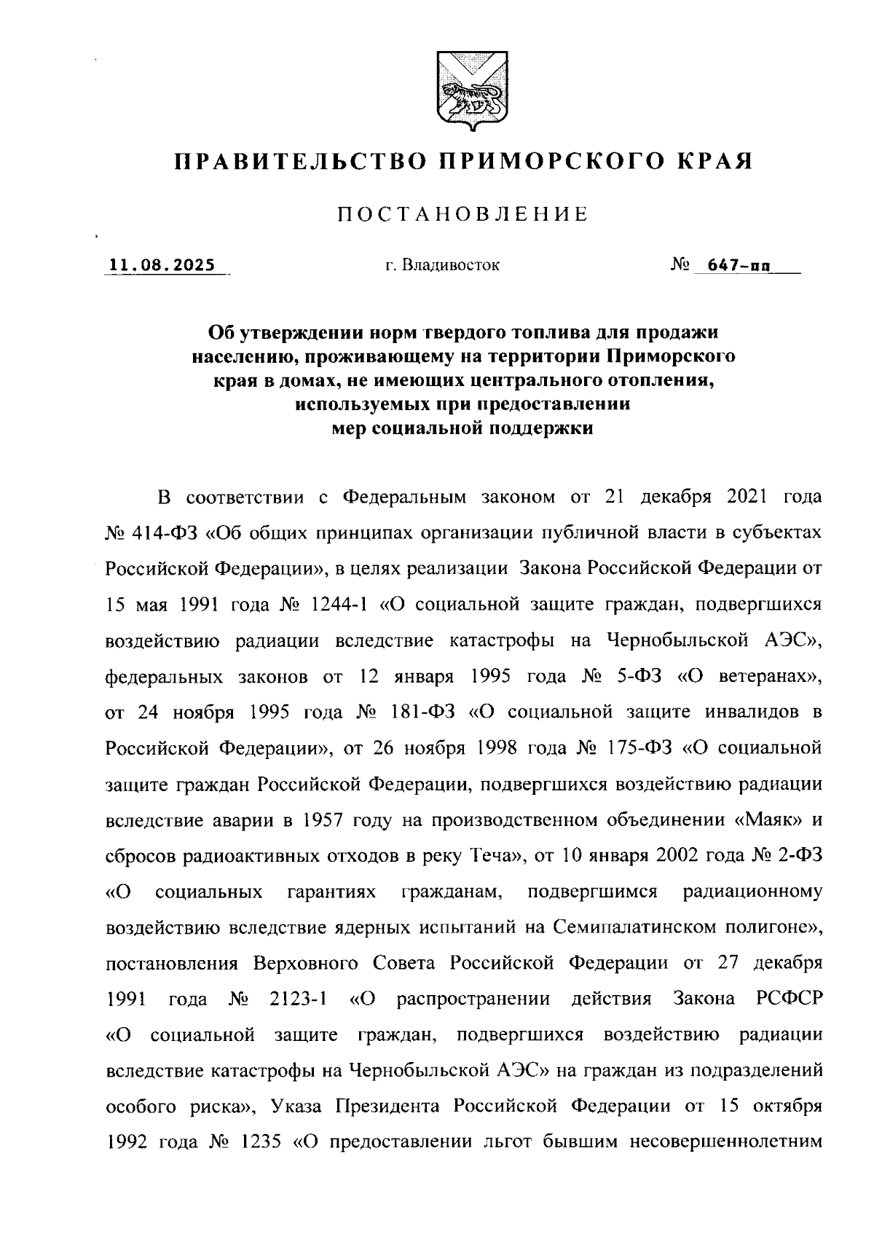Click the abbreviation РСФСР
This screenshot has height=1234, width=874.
[790, 999]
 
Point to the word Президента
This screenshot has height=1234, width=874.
[387, 1107]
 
